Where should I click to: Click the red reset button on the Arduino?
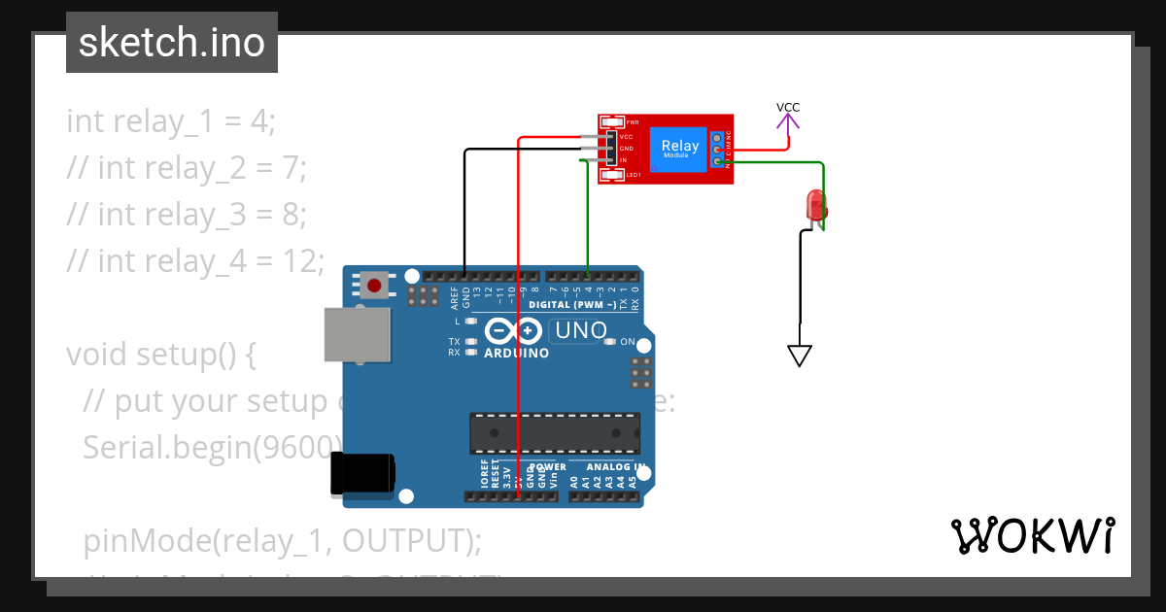pyautogui.click(x=374, y=286)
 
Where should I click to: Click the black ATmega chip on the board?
pyautogui.click(x=555, y=433)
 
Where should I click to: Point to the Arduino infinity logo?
pyautogui.click(x=513, y=331)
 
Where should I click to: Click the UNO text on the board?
pyautogui.click(x=580, y=331)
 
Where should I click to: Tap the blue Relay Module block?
pyautogui.click(x=680, y=149)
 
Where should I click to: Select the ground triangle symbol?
pyautogui.click(x=799, y=357)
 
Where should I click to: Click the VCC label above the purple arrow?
pyautogui.click(x=788, y=107)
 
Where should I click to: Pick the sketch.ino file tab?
pyautogui.click(x=172, y=43)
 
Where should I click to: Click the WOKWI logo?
pyautogui.click(x=1032, y=535)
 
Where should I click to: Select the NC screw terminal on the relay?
pyautogui.click(x=718, y=137)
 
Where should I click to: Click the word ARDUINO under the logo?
pyautogui.click(x=517, y=353)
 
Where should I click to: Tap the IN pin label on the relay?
pyautogui.click(x=623, y=159)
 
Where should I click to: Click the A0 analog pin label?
pyautogui.click(x=574, y=480)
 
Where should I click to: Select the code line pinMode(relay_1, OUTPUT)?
pyautogui.click(x=282, y=540)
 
